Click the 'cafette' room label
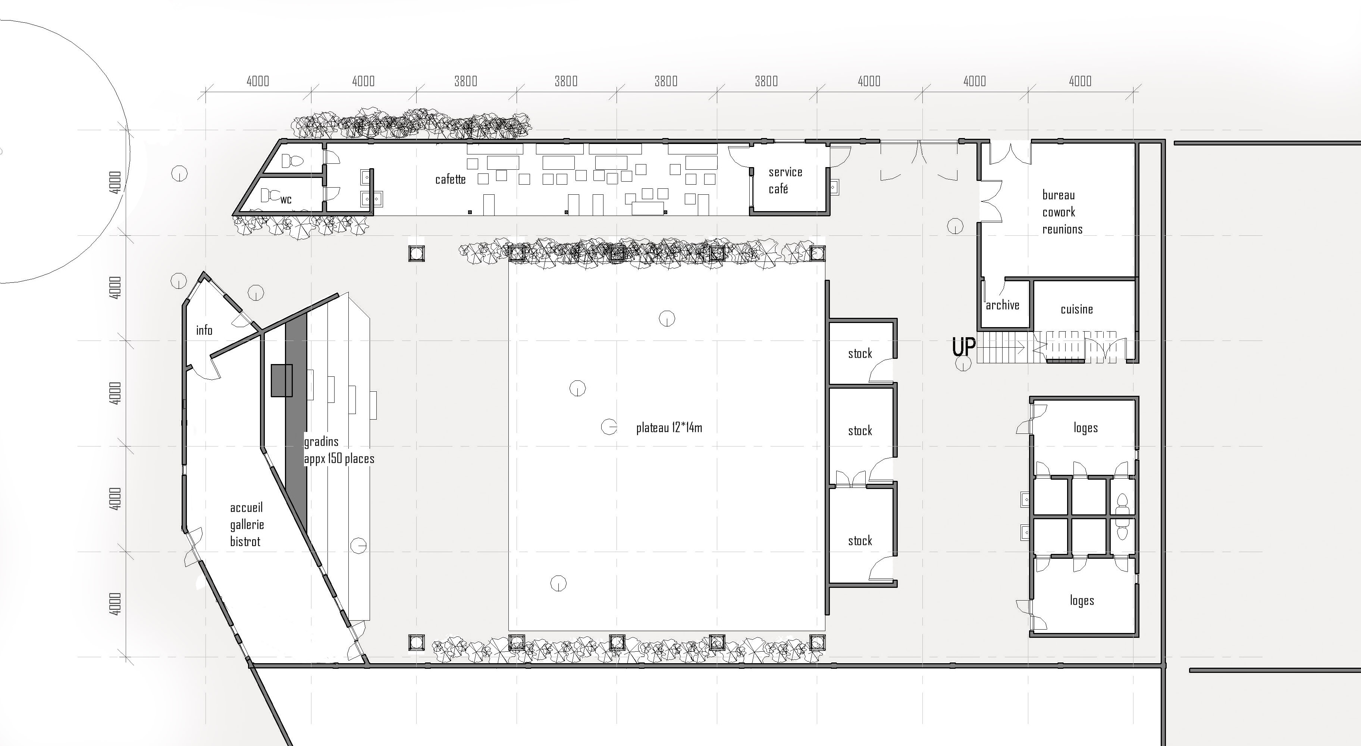(x=450, y=180)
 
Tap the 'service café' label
(x=785, y=180)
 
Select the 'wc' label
(x=286, y=200)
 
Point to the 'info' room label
(x=204, y=330)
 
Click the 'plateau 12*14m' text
(x=669, y=427)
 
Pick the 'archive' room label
(x=1002, y=305)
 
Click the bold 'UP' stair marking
(x=964, y=347)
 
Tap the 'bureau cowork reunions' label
(x=1062, y=212)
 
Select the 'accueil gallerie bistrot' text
(x=247, y=525)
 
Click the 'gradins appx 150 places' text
(x=339, y=449)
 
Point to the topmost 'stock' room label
(x=860, y=354)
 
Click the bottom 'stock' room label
(x=860, y=540)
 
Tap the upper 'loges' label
(x=1085, y=428)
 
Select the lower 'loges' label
(x=1082, y=601)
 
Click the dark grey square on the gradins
(x=282, y=380)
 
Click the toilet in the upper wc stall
(x=292, y=161)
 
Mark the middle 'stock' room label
(x=860, y=430)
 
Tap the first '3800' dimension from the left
(x=465, y=81)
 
